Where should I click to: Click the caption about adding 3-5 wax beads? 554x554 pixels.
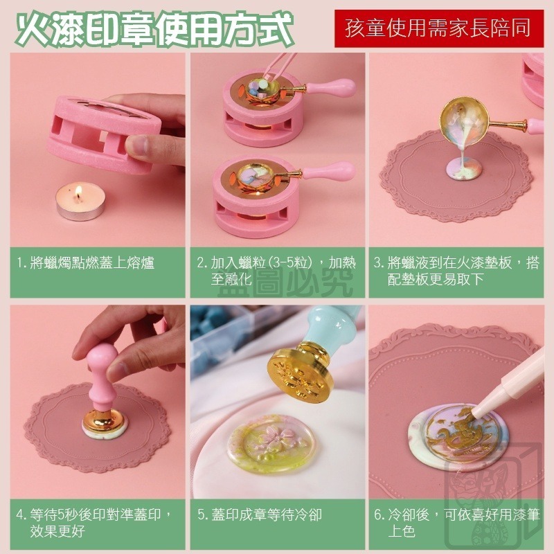coord(276,271)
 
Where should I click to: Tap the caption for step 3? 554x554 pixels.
coord(457,271)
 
